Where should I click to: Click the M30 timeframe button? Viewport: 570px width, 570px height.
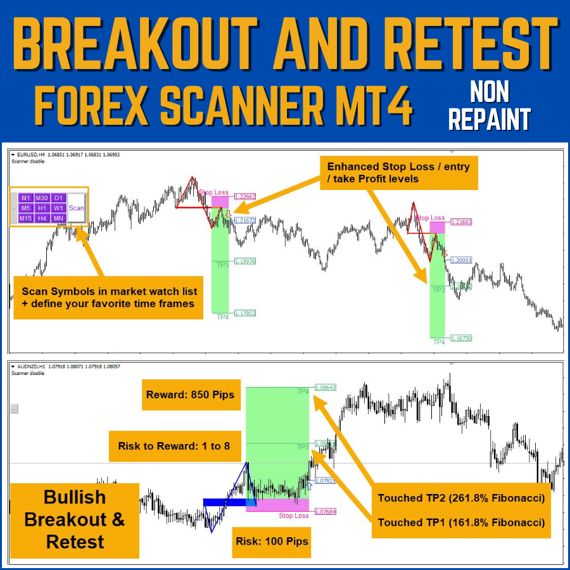click(x=42, y=198)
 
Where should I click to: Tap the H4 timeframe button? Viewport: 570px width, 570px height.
click(x=42, y=218)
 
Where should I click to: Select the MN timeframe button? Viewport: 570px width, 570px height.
click(x=58, y=218)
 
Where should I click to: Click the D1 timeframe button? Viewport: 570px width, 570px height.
click(x=58, y=198)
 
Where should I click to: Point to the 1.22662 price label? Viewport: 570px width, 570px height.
click(x=244, y=197)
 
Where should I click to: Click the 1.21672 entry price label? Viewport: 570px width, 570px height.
click(x=244, y=220)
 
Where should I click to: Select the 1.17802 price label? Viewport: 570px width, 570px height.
click(x=244, y=313)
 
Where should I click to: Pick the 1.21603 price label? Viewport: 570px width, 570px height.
click(x=460, y=222)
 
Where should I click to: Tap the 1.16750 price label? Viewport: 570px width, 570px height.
click(x=460, y=338)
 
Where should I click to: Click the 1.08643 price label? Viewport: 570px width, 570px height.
click(x=324, y=387)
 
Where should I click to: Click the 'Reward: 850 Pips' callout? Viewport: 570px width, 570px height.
click(x=190, y=395)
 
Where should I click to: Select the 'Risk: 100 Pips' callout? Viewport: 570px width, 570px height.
click(x=271, y=541)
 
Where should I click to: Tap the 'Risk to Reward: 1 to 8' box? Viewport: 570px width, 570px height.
click(x=174, y=446)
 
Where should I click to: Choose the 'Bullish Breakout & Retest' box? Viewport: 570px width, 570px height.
click(x=75, y=520)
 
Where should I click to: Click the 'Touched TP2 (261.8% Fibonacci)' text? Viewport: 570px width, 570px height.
click(x=461, y=498)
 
